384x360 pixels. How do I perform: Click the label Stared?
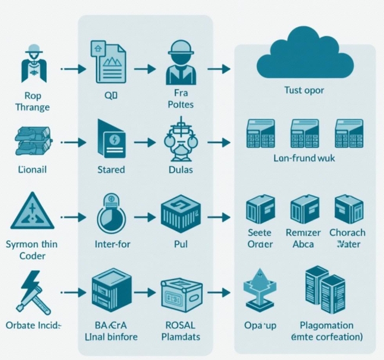(111, 170)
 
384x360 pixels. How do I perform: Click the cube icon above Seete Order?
(259, 210)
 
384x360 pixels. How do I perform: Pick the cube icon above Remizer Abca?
(304, 210)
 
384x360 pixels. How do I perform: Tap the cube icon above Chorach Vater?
(348, 210)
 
